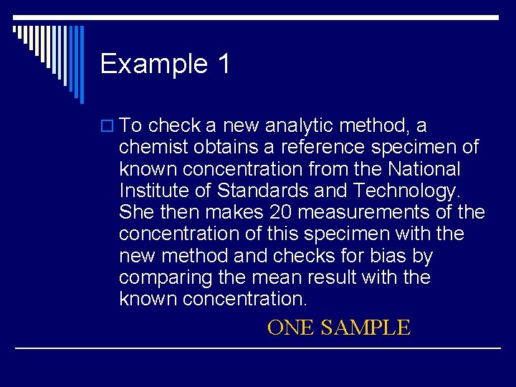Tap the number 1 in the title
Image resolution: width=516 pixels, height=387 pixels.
pos(223,64)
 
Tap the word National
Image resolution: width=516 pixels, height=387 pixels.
pos(423,169)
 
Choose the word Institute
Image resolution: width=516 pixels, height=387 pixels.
pos(153,191)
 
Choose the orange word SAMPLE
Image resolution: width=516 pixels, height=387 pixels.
pos(365,328)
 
